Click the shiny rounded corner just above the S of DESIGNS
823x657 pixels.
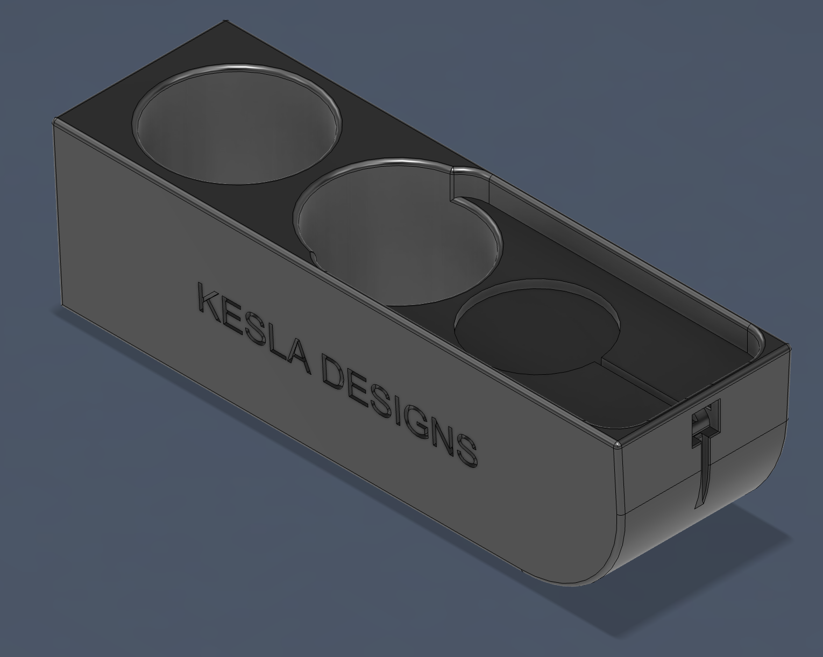618,445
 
